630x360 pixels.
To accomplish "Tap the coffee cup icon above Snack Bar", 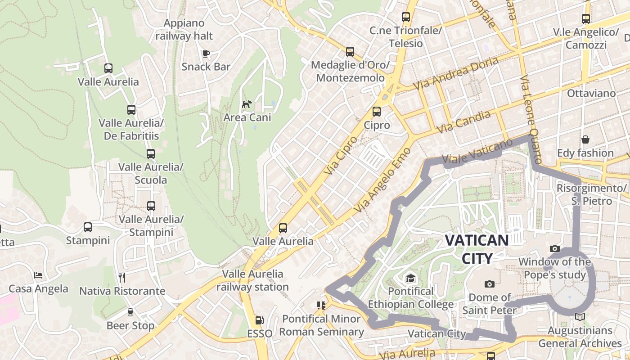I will click(x=206, y=54).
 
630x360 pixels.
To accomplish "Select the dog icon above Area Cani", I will click(x=247, y=104).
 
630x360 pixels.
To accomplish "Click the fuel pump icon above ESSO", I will click(x=260, y=320).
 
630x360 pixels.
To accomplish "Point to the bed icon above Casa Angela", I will click(x=39, y=275).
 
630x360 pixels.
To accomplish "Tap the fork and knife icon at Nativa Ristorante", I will click(x=122, y=277).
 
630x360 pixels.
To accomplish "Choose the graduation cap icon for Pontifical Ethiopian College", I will click(x=410, y=279).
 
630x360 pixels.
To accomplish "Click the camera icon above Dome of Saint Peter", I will click(x=489, y=284).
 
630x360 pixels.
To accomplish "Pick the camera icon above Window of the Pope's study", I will click(x=555, y=248).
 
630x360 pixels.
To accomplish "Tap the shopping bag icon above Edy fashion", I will click(x=585, y=139).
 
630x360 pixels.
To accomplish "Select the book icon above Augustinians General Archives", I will click(x=580, y=317).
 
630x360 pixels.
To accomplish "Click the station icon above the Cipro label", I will click(x=377, y=112).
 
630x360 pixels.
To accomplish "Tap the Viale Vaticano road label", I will click(x=477, y=151).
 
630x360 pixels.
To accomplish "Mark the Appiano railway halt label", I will click(x=184, y=29).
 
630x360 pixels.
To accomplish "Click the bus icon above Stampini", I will click(x=88, y=227).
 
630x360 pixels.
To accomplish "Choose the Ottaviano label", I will click(x=591, y=94).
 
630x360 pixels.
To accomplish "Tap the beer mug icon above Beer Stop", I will click(x=130, y=312).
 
